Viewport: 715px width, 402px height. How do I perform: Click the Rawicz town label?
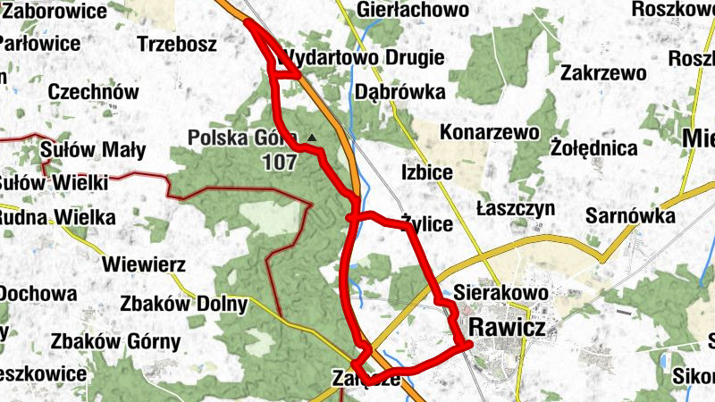[x=506, y=328]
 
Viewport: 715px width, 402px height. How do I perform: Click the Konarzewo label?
[x=490, y=132]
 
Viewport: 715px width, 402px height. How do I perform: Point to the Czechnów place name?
[x=94, y=92]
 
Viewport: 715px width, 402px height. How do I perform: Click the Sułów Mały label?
[x=93, y=149]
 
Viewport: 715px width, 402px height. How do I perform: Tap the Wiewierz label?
[x=144, y=264]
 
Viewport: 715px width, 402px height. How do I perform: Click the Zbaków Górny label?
[x=115, y=340]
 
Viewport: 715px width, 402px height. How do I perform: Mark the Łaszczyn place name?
[x=516, y=208]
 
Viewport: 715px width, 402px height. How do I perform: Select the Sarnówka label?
[x=629, y=214]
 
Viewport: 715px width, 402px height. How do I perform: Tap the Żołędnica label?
[x=594, y=147]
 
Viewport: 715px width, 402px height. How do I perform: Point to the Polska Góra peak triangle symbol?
[x=311, y=137]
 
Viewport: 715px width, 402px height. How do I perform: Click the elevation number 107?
[x=280, y=163]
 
